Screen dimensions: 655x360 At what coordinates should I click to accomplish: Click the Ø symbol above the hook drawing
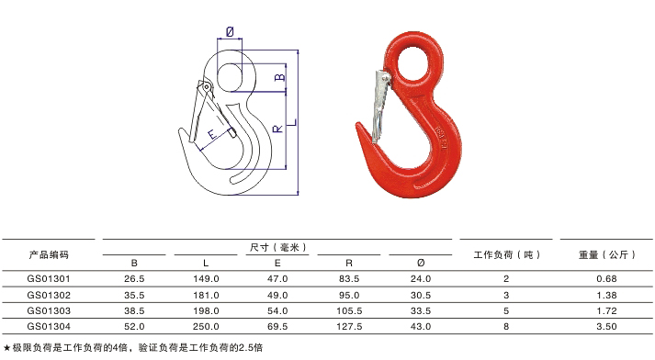[230, 31]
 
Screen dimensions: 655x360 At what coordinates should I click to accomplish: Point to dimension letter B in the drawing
[280, 77]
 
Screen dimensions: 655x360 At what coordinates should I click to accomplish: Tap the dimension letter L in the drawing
[293, 122]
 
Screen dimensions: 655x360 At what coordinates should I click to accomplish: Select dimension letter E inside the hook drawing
[212, 134]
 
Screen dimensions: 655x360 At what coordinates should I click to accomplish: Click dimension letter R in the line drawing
[277, 129]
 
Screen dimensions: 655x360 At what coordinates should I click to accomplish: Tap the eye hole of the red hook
[413, 62]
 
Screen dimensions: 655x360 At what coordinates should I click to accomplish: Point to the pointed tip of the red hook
[357, 124]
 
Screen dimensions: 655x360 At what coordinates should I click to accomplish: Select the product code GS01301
[49, 278]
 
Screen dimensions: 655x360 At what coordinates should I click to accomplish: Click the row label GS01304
[49, 326]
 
